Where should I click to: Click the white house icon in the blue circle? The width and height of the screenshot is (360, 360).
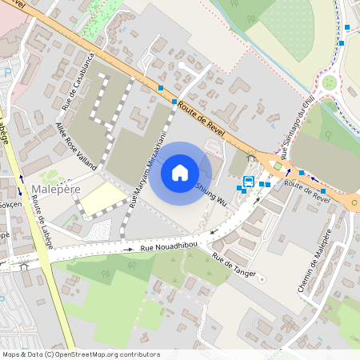180,172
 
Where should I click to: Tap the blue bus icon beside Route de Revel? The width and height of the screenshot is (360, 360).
249,182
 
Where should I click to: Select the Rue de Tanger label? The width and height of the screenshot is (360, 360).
234,265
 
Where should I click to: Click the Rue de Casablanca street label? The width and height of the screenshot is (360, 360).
79,81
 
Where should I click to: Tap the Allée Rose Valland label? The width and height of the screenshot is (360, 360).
76,146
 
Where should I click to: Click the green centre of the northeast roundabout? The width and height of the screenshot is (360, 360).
330,82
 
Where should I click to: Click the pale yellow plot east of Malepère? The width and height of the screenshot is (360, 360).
103,198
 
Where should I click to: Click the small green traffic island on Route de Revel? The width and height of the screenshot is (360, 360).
278,166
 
